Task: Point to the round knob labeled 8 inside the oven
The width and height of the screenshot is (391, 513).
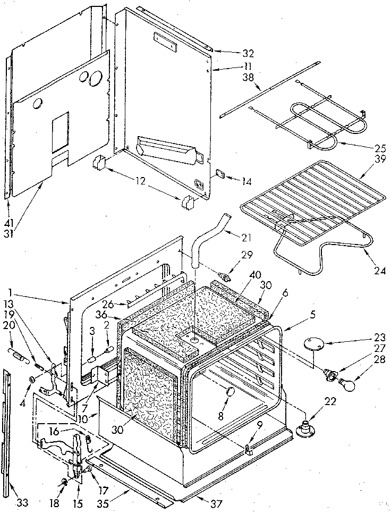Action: [231, 392]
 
